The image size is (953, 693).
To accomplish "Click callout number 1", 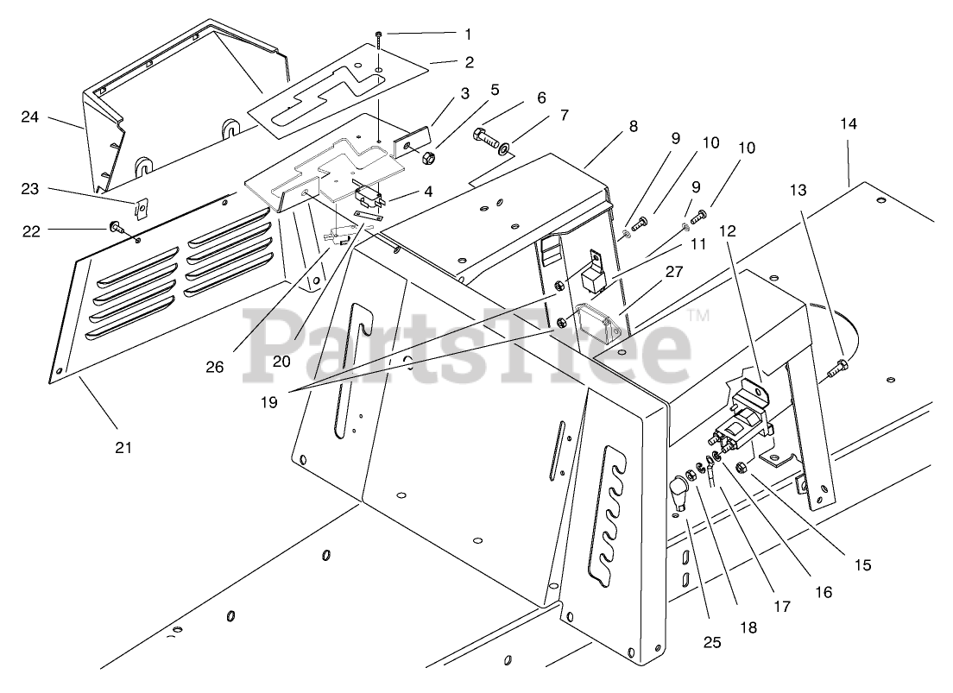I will point(468,35).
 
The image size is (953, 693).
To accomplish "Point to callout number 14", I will point(849,123).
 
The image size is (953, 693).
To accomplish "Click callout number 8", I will point(633,126).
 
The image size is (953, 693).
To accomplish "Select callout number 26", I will point(214,366).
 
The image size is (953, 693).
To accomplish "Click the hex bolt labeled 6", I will point(483,135).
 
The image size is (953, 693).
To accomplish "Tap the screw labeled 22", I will point(115,229).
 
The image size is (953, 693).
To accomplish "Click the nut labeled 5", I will point(426,159).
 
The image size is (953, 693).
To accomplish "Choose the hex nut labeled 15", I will point(742,468).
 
